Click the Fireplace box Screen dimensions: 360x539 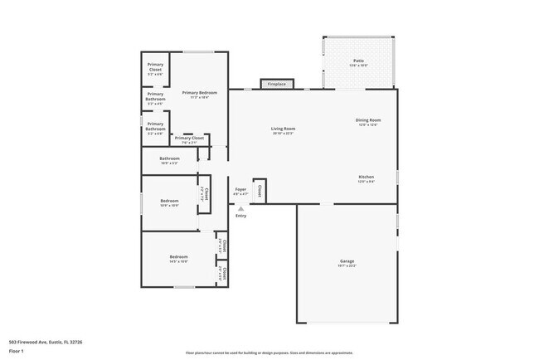276,84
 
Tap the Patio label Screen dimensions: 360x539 358,61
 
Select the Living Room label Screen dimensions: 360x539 283,129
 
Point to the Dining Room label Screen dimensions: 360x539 368,120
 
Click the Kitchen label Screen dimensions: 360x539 366,177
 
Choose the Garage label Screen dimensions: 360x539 347,261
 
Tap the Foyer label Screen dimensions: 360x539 240,189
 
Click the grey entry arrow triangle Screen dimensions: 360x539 240,207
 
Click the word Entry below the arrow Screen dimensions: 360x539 240,216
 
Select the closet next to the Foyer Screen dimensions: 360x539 260,190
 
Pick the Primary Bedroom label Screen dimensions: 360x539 199,93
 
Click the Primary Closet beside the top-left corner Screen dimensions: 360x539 155,66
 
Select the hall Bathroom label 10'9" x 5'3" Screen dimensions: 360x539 169,158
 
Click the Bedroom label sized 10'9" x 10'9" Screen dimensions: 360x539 168,201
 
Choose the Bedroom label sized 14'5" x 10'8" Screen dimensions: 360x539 179,257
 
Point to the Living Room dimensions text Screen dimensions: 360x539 283,134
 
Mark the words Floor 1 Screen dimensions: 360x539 17,349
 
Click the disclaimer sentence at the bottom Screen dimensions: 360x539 269,353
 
